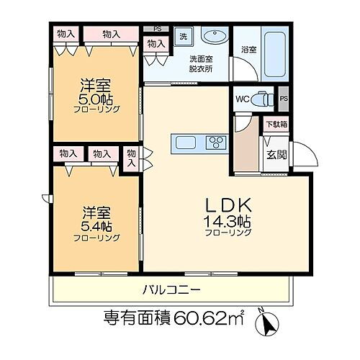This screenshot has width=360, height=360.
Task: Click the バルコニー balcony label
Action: tap(171, 290)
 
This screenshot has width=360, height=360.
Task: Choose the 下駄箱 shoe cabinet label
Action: tap(275, 125)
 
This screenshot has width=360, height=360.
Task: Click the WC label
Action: tap(243, 99)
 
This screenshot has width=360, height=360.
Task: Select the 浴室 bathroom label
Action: tap(249, 50)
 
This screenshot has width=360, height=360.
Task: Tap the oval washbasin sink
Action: tap(213, 38)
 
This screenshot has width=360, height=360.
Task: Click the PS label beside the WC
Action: tap(284, 99)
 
